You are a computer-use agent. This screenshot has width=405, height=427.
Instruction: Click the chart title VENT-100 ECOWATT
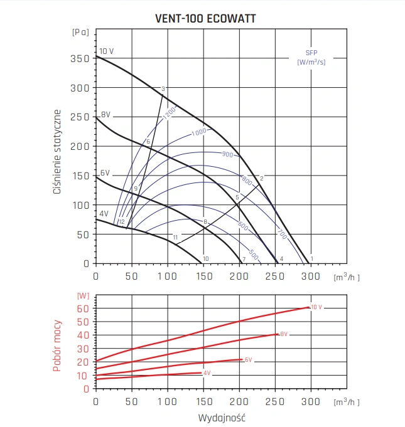(205, 18)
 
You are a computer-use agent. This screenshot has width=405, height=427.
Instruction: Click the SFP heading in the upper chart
(311, 53)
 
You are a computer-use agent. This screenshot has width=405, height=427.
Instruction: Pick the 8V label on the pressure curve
(106, 115)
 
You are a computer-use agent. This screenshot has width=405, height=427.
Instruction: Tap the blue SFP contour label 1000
(199, 132)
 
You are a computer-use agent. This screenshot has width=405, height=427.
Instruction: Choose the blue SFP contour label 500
(253, 254)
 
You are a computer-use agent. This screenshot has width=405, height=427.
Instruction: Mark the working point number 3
(163, 88)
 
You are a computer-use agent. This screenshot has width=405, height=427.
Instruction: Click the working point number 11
(175, 237)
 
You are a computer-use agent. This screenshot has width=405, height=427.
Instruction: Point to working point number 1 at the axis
(311, 259)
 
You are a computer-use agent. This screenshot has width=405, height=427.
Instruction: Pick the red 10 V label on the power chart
(316, 307)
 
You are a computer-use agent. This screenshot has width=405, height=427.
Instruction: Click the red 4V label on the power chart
(207, 373)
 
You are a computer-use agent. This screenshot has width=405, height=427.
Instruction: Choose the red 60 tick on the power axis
(82, 308)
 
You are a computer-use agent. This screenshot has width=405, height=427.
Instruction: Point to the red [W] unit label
(82, 295)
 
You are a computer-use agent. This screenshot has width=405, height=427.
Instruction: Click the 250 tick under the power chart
(275, 401)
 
